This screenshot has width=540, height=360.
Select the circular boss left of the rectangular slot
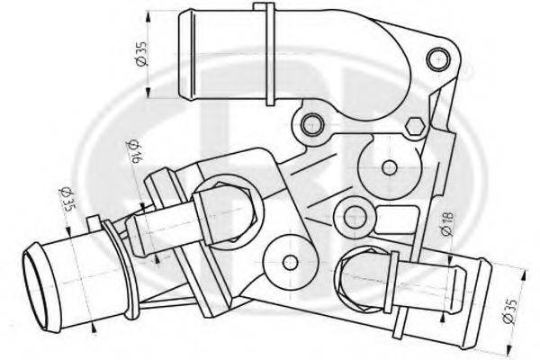point(354,217)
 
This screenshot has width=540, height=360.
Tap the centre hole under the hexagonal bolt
point(388,166)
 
